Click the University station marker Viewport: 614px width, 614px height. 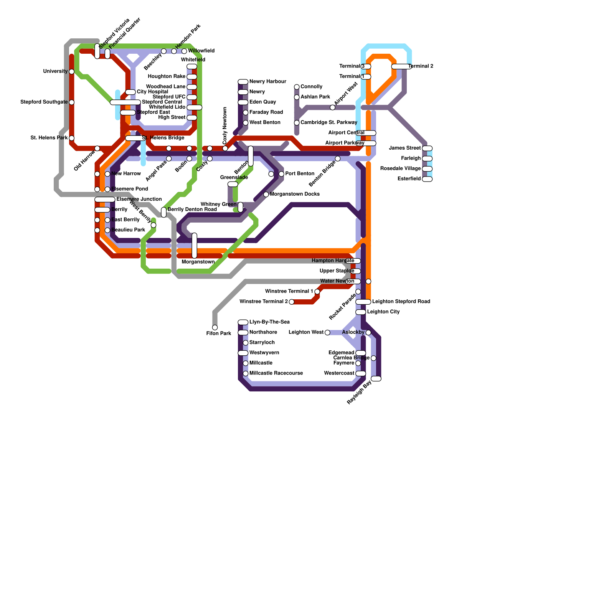coord(71,71)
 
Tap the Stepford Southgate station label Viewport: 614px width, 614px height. coord(44,102)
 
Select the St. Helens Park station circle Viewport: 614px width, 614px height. coord(71,138)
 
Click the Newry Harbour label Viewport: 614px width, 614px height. coord(267,81)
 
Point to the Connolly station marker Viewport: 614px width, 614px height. coord(297,87)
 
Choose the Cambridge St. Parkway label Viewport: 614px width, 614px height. coord(328,122)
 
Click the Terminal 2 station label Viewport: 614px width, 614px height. coord(421,66)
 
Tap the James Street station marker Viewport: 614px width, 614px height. coord(427,148)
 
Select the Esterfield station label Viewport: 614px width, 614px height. coord(409,179)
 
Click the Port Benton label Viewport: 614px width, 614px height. coord(299,173)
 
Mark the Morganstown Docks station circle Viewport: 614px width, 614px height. coord(266,194)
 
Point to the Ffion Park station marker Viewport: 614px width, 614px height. coord(215,327)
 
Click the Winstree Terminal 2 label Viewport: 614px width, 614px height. coord(264,302)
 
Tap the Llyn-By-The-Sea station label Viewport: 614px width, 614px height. coord(269,322)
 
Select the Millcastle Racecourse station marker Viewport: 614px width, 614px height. coord(246,373)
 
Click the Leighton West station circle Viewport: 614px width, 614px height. coord(327,332)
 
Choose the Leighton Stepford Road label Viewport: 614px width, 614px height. coord(401,302)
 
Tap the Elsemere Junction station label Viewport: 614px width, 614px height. coord(139,199)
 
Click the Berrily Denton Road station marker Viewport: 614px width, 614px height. coord(164,212)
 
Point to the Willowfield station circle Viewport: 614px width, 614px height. coord(184,51)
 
